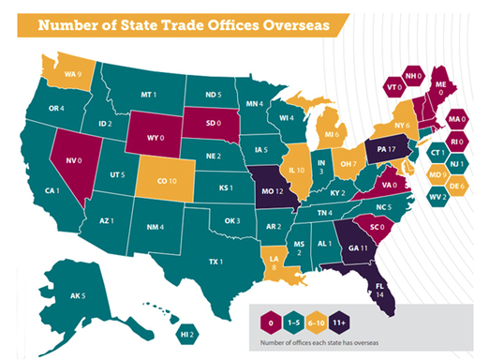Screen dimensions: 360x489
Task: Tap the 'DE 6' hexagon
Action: coord(458,186)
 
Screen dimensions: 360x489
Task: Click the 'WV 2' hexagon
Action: coord(437,198)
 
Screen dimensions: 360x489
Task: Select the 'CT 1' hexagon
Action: coord(437,151)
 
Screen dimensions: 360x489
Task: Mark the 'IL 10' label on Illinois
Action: coord(297,172)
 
